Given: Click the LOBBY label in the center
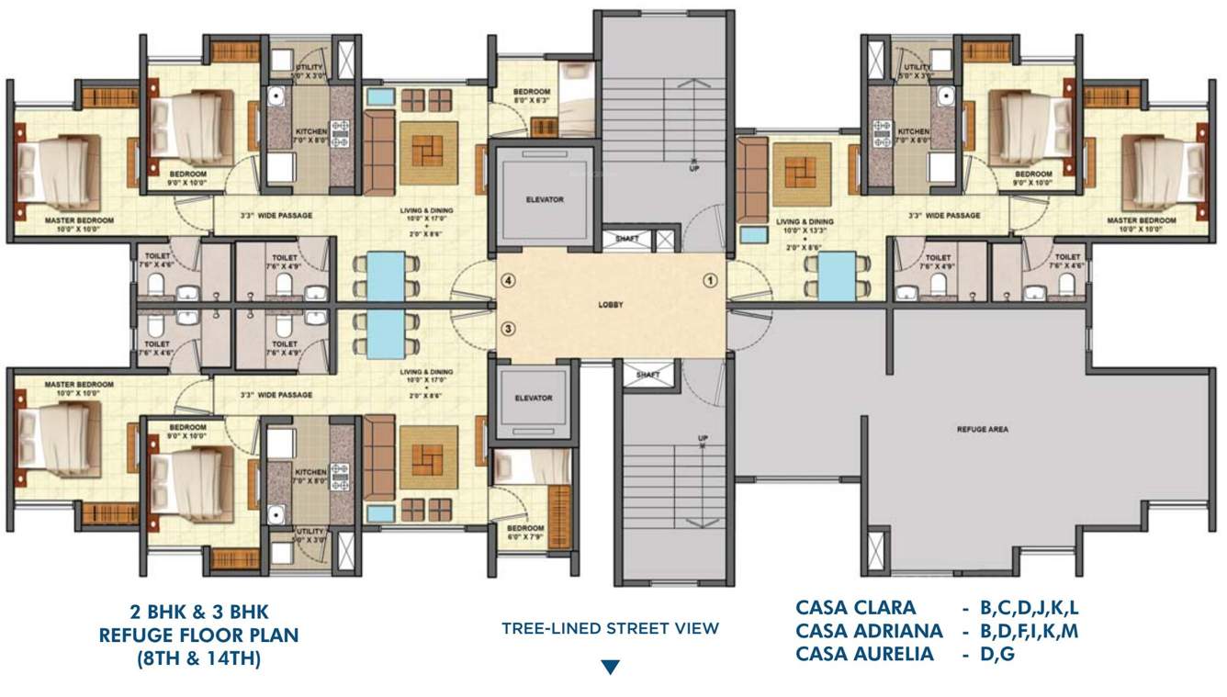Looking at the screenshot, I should tap(610, 305).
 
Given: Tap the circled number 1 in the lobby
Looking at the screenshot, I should tap(709, 279).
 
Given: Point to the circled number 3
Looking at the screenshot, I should tap(507, 329).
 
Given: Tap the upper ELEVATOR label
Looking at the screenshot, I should tap(545, 199).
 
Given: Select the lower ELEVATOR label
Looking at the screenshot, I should tap(534, 398).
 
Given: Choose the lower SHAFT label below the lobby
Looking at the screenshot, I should tap(647, 375).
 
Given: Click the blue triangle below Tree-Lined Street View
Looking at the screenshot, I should tap(610, 667).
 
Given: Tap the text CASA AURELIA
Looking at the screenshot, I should tap(865, 654).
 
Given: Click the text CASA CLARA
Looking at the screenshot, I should tap(855, 607).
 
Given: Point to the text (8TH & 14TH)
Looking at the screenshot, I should tap(199, 658).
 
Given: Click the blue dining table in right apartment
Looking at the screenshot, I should tap(836, 276).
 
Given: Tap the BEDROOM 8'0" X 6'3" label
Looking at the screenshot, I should tap(531, 96).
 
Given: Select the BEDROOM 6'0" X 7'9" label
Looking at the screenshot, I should tap(525, 533).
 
